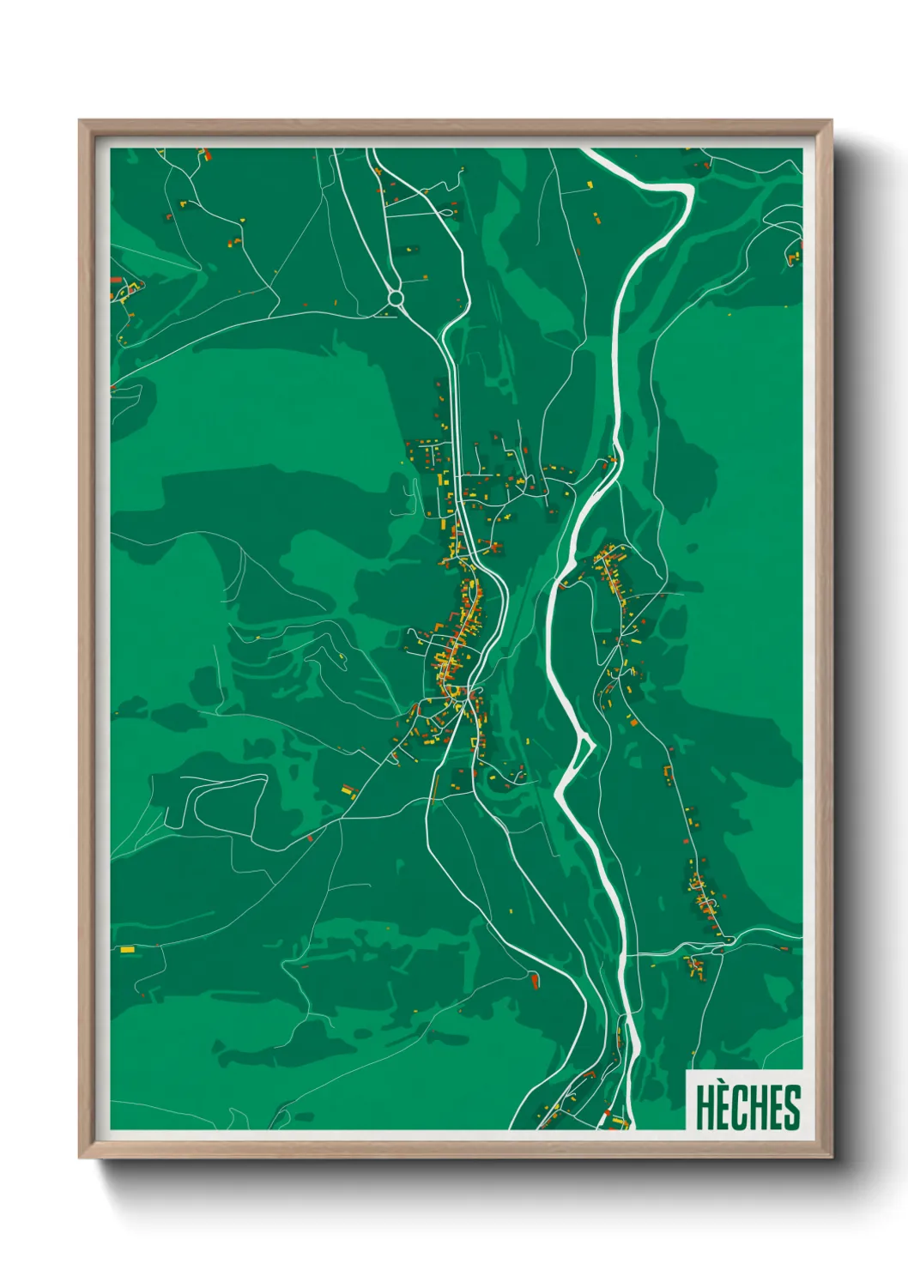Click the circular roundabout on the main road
(x=396, y=299)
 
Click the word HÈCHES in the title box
(x=747, y=1107)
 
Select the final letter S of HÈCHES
(x=791, y=1108)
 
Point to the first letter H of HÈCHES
(x=705, y=1108)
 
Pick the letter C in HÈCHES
(x=740, y=1108)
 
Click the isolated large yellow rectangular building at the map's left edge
(x=127, y=949)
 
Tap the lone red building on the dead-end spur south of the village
(x=535, y=979)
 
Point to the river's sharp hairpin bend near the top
(x=687, y=194)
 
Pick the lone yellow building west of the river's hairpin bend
(x=591, y=183)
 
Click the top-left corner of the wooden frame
(x=80, y=121)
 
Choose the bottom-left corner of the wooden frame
(x=80, y=1158)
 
